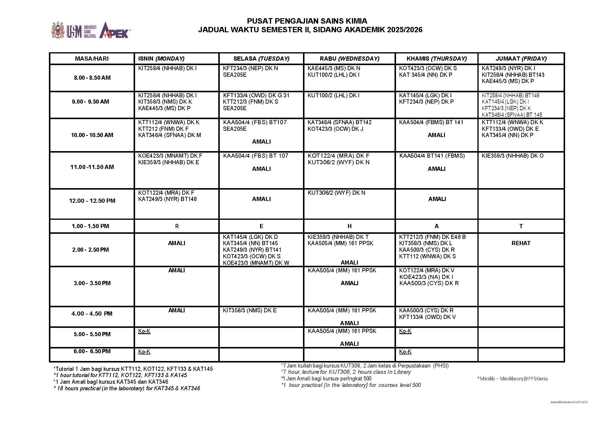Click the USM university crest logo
[58, 30]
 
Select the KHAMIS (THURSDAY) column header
[436, 59]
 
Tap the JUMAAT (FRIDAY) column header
[521, 59]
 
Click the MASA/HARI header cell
[92, 59]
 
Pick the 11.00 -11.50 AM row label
[92, 167]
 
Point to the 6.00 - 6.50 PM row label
[92, 351]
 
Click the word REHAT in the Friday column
[521, 243]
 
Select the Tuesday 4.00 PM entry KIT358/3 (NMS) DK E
[250, 311]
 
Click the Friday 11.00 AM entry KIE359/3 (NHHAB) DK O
[512, 156]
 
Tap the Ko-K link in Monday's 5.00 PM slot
[144, 331]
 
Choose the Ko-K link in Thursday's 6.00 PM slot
[405, 352]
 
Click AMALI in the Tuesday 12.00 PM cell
[261, 199]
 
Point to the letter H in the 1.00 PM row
[349, 226]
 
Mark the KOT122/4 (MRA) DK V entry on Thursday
[426, 270]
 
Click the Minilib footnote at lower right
[512, 379]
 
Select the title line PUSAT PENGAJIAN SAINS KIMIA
[307, 21]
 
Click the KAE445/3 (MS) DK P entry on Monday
[164, 108]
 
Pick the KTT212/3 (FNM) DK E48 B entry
[432, 237]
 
